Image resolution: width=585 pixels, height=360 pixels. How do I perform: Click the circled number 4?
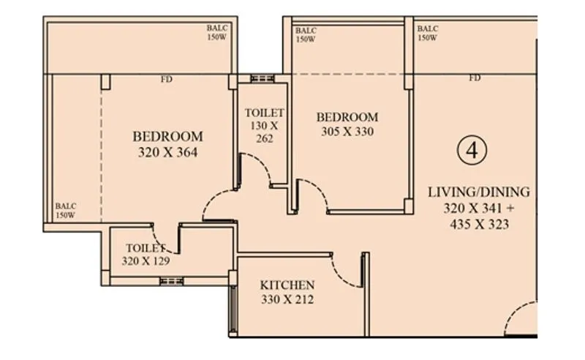click(472, 150)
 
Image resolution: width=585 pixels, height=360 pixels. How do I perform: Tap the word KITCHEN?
click(287, 285)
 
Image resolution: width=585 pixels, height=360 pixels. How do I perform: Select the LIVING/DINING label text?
click(478, 192)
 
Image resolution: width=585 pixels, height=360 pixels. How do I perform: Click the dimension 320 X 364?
click(167, 153)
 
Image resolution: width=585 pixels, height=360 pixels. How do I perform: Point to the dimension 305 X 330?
click(347, 132)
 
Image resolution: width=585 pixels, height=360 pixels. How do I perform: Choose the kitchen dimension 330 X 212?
click(287, 299)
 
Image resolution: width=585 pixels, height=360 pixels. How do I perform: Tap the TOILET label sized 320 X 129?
click(146, 248)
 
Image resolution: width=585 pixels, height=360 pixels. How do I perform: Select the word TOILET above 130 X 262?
click(264, 113)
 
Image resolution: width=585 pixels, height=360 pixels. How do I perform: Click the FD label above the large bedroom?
click(167, 79)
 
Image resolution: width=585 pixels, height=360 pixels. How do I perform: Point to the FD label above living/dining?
click(475, 78)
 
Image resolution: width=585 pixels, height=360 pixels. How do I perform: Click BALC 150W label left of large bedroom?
click(66, 211)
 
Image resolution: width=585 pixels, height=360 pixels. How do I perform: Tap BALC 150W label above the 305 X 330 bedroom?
click(306, 35)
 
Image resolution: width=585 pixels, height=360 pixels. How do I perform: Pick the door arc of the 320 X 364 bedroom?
click(216, 205)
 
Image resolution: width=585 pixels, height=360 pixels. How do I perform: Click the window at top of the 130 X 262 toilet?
click(261, 78)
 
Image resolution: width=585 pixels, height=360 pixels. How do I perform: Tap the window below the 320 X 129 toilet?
click(171, 281)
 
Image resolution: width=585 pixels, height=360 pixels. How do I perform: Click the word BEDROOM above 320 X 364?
click(167, 137)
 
